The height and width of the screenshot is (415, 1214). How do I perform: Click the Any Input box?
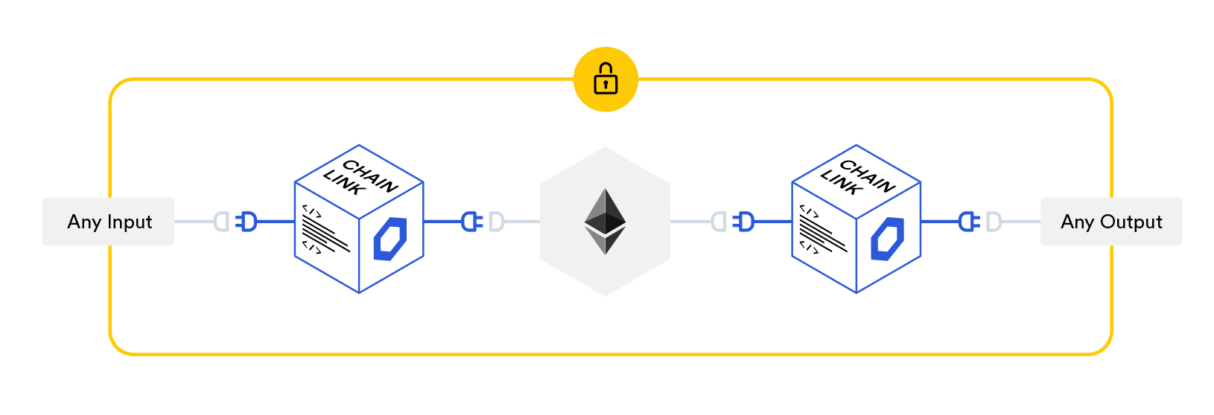[109, 222]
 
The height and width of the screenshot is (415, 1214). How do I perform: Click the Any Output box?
[1110, 222]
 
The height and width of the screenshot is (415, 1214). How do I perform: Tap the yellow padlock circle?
[606, 80]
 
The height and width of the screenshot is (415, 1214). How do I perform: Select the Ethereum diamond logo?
[605, 222]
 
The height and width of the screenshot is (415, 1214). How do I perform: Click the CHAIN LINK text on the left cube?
[360, 179]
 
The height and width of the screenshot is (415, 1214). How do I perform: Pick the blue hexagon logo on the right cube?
[888, 239]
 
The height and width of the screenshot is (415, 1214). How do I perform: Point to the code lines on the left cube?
[325, 231]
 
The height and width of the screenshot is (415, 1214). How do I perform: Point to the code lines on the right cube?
[822, 231]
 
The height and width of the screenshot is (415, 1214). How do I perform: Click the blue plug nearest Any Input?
[247, 222]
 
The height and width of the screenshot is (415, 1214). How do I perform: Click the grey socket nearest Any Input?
[221, 222]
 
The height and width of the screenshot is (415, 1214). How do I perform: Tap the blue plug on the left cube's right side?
[470, 222]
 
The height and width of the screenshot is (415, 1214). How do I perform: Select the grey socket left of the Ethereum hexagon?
[496, 222]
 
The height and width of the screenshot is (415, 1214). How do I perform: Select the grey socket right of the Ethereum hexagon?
[718, 222]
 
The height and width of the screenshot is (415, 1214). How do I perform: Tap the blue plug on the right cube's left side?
[744, 222]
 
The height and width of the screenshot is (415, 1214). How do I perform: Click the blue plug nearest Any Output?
[967, 222]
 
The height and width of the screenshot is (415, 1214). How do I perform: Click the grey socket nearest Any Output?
[994, 222]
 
